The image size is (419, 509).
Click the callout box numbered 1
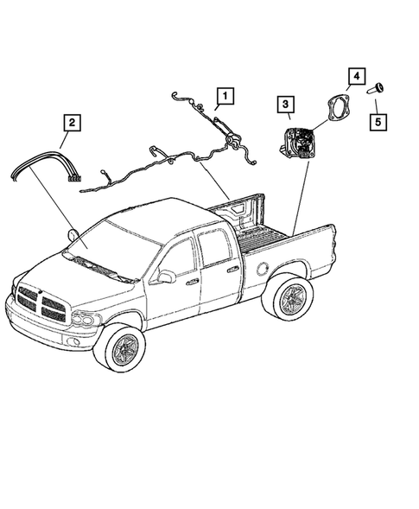(225, 94)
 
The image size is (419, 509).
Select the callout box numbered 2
(73, 123)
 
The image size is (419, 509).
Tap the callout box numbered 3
(283, 107)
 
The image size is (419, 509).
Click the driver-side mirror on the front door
(165, 277)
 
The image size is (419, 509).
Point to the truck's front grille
(38, 302)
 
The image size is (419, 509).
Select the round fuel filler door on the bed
(261, 266)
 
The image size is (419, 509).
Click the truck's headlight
(84, 320)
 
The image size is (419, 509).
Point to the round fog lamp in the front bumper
(74, 341)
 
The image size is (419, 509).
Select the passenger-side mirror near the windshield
(73, 234)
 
